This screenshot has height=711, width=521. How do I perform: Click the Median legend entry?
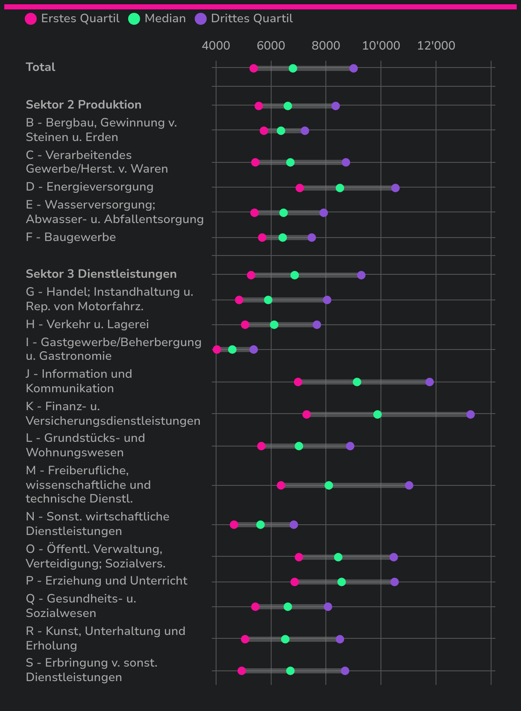(x=157, y=19)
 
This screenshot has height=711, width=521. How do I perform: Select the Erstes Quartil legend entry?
(x=72, y=19)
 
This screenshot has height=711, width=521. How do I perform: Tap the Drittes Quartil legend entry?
(x=244, y=19)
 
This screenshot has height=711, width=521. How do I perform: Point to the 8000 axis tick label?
(x=326, y=46)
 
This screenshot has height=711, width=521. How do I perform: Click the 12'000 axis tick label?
(x=436, y=46)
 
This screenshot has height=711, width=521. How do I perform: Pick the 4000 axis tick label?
(x=216, y=46)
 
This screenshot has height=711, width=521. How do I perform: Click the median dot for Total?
(x=293, y=68)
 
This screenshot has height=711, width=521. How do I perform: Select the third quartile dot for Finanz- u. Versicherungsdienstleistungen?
(x=471, y=414)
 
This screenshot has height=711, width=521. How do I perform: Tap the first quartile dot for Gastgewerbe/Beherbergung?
(x=217, y=350)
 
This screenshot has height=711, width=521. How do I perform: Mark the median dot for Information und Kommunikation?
(x=357, y=382)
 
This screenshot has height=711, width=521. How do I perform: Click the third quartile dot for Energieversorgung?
(x=395, y=188)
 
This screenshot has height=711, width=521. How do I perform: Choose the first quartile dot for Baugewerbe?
(x=262, y=238)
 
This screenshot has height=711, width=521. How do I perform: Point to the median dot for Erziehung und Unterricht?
(x=342, y=582)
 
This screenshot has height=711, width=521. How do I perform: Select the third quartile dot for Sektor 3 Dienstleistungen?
(x=361, y=275)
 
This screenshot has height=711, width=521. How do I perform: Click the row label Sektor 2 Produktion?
(x=84, y=105)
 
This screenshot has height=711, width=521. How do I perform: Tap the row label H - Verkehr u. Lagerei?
(x=88, y=324)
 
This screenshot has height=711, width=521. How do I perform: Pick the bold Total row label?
(x=41, y=67)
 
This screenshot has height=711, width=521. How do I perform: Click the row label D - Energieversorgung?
(x=90, y=187)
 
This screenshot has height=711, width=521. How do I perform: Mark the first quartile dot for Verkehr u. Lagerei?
(x=245, y=325)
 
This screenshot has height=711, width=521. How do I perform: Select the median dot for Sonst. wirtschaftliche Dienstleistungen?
(x=260, y=525)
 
